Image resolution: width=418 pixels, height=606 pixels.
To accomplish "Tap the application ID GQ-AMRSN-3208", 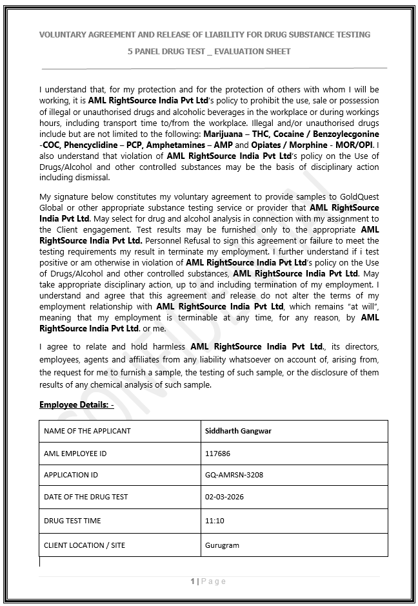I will click(x=234, y=475).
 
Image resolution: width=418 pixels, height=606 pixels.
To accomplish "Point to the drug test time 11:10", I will click(x=214, y=520).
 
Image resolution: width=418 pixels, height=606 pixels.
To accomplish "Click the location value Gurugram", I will click(x=222, y=545).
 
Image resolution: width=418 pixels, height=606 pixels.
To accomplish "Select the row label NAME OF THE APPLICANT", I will click(x=87, y=430).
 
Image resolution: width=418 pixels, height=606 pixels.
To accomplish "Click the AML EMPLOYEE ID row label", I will click(x=75, y=453).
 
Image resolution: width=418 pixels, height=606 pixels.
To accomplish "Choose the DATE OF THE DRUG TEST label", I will click(x=86, y=497).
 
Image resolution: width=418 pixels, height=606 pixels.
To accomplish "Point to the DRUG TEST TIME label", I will click(x=72, y=520).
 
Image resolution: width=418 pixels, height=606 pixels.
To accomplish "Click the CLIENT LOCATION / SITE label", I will click(x=85, y=545).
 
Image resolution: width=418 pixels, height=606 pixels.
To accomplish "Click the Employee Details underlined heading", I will click(x=76, y=404).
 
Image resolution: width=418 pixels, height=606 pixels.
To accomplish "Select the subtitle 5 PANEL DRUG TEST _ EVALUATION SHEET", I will click(x=209, y=51).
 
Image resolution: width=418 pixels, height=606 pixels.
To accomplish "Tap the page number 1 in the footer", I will click(x=193, y=581).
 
